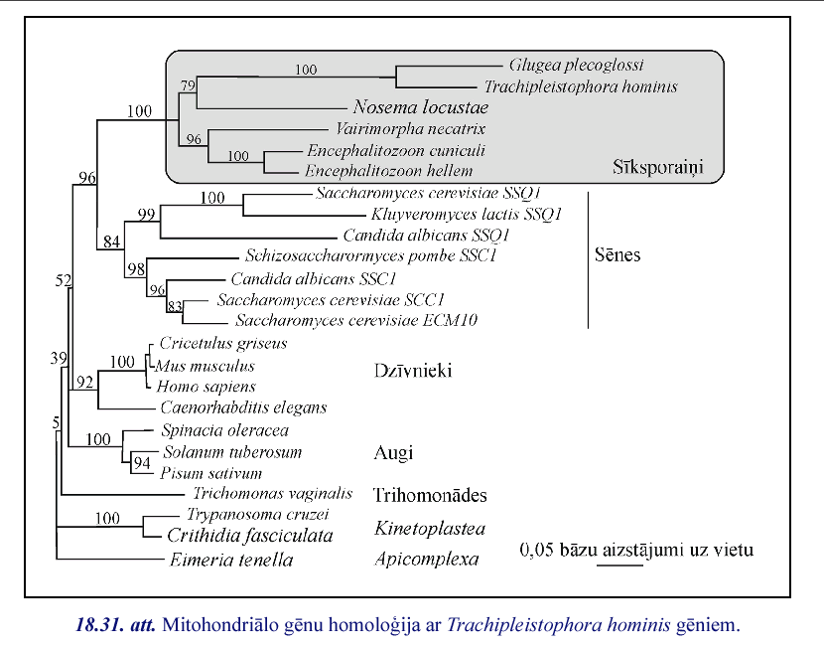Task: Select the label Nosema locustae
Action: click(419, 107)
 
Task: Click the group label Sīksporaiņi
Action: click(657, 167)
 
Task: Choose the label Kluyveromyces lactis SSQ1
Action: click(467, 214)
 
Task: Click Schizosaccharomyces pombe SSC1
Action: click(404, 256)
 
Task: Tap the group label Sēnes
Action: click(617, 255)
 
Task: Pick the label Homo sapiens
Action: click(206, 387)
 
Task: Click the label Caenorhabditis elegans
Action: click(243, 407)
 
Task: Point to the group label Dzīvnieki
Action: click(413, 371)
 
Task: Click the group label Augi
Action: click(392, 453)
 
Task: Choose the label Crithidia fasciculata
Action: click(248, 536)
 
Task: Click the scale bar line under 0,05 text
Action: click(620, 567)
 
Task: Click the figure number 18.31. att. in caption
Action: click(115, 626)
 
